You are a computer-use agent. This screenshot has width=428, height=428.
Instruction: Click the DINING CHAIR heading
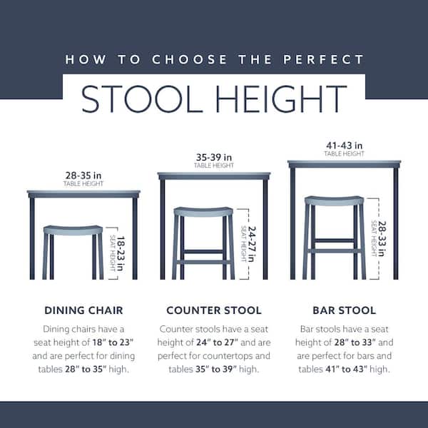[x=84, y=310]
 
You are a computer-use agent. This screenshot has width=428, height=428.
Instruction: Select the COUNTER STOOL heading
[x=214, y=310]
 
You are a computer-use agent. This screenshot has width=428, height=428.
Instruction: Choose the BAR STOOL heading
[x=344, y=310]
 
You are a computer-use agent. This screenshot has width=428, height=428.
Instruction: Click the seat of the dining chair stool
[x=73, y=230]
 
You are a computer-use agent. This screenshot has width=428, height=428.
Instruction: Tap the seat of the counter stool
[x=203, y=211]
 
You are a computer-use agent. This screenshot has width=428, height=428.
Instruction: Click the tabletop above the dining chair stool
[x=83, y=193]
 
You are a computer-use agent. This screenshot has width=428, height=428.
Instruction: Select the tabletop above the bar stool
[x=344, y=164]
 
